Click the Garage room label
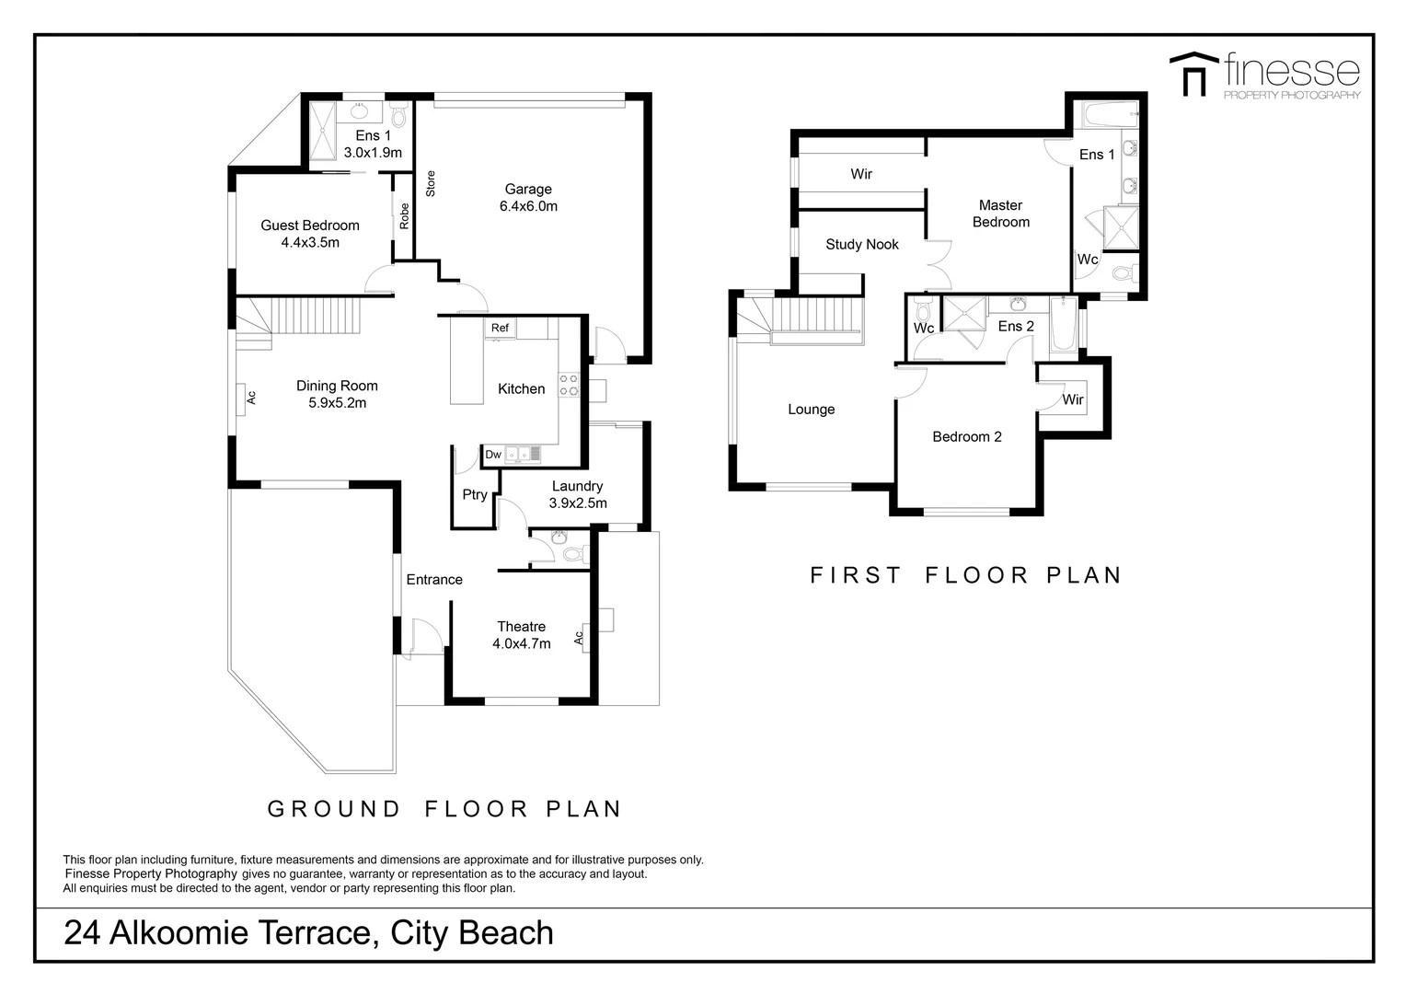click(528, 190)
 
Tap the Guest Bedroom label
click(310, 225)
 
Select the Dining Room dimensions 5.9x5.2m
click(337, 403)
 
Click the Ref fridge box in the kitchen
click(500, 328)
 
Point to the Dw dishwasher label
click(493, 454)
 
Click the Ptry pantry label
click(475, 495)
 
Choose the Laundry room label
click(577, 486)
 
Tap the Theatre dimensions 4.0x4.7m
click(521, 644)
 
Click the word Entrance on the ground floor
click(434, 580)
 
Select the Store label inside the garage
click(430, 183)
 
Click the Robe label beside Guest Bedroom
click(404, 216)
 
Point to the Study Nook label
click(862, 245)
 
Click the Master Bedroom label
click(1001, 214)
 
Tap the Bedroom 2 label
click(966, 437)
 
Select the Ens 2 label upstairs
click(1016, 327)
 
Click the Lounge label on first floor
click(811, 410)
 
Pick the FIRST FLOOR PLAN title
click(965, 575)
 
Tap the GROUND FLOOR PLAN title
click(444, 809)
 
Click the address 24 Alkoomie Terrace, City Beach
click(308, 933)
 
